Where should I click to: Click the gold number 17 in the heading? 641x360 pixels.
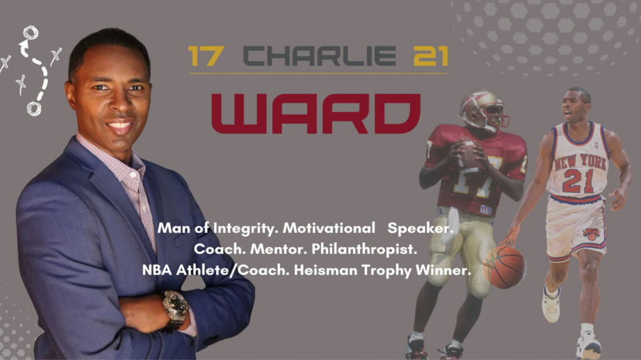coord(206,56)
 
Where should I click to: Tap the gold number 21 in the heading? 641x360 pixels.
coord(431,56)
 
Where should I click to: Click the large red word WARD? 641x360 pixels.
coord(316,113)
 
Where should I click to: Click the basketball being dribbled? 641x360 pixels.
coord(504,267)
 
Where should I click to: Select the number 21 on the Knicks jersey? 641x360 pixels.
coord(578,181)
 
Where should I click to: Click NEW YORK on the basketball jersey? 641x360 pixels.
coord(580,162)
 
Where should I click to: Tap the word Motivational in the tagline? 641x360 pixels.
coord(329,228)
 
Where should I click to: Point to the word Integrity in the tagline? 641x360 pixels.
coord(245,229)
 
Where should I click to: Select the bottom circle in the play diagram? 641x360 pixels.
coord(34,109)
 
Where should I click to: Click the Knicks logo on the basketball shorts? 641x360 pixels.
coord(591,234)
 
